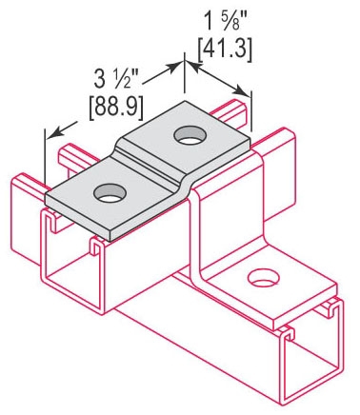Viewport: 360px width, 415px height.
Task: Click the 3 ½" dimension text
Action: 116,80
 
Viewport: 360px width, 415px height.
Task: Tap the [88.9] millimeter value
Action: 116,108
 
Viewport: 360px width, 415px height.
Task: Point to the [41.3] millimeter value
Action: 225,49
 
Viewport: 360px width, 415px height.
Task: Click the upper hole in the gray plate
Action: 190,135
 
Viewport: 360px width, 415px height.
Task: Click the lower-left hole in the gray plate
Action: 110,193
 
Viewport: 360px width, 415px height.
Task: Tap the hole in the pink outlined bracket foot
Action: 264,278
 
